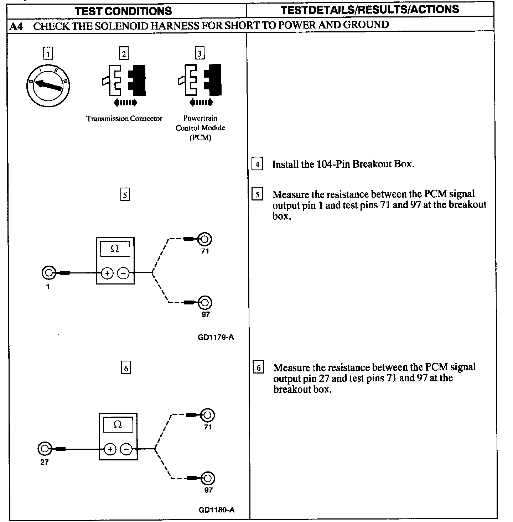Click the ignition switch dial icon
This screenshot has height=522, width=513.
(48, 86)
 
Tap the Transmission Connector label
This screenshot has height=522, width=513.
(124, 119)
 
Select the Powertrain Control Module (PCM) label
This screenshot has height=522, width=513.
(201, 128)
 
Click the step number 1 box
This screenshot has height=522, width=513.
(48, 54)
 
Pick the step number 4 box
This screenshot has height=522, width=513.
(257, 164)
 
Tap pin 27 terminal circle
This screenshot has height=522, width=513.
(44, 449)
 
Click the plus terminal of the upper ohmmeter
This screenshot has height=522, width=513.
(107, 273)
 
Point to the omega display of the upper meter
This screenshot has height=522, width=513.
(115, 249)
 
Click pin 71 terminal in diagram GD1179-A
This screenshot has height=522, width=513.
(205, 239)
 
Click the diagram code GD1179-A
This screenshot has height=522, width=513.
(216, 337)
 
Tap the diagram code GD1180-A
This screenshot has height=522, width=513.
(217, 510)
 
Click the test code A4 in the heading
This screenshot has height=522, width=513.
(16, 26)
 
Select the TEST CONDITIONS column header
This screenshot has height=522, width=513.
(123, 11)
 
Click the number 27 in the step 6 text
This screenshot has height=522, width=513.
(323, 378)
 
